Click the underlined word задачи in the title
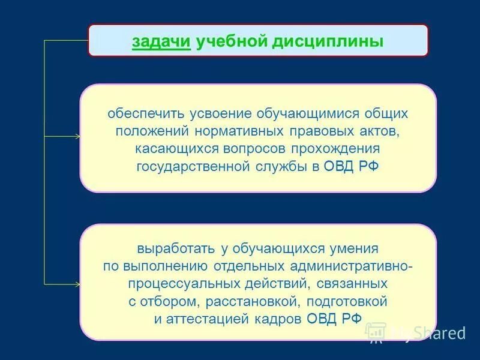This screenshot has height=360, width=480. pyautogui.click(x=161, y=42)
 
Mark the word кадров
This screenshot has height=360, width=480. pyautogui.click(x=277, y=319)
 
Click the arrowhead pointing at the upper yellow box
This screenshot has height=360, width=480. pyautogui.click(x=77, y=137)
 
